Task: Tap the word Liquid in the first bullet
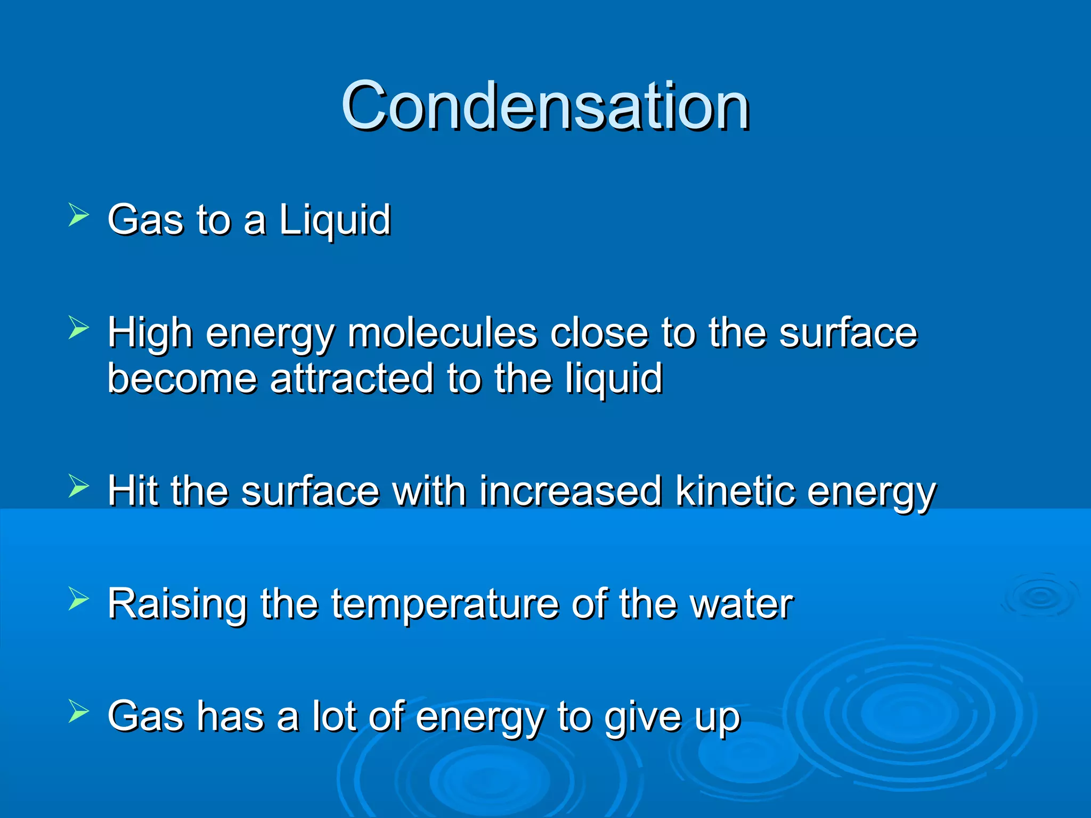335,219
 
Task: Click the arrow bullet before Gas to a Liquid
79,216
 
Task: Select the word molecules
442,333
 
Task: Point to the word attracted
352,379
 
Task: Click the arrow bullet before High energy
79,328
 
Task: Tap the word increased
570,490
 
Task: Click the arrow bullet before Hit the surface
79,486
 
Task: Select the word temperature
445,604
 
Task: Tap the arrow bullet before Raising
79,600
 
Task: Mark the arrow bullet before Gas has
79,713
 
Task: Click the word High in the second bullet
150,333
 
